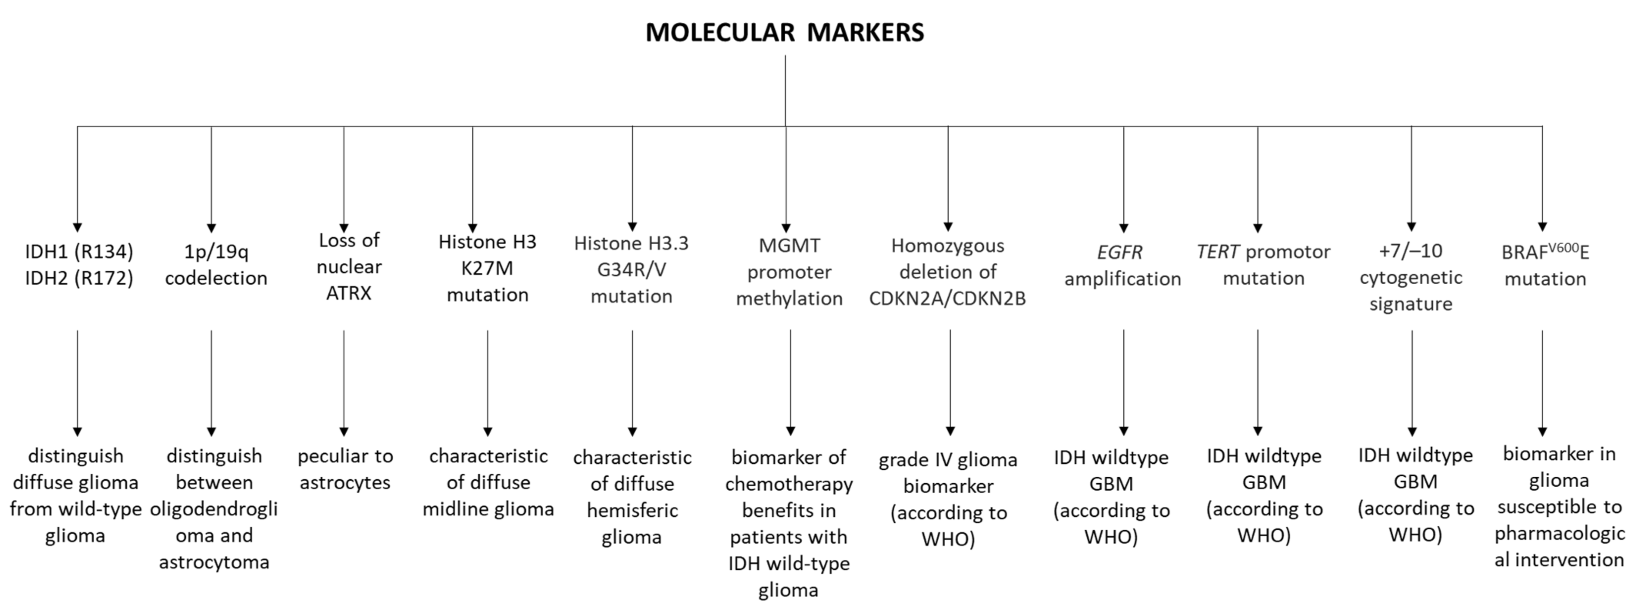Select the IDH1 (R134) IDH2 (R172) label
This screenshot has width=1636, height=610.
[x=79, y=265]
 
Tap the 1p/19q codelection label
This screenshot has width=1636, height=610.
[x=216, y=265]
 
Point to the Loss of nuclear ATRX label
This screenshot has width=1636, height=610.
[x=349, y=267]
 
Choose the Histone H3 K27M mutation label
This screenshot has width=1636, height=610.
[x=487, y=268]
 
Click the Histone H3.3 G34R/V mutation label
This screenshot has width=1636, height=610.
[x=631, y=269]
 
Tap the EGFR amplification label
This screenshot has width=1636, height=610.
[x=1122, y=265]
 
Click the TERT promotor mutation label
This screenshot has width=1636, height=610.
[x=1263, y=265]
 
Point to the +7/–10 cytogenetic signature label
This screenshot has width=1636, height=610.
[x=1410, y=277]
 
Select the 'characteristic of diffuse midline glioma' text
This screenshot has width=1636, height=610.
[x=488, y=482]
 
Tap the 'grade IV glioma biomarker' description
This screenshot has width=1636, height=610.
[x=948, y=473]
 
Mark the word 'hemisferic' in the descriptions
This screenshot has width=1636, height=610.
[x=632, y=511]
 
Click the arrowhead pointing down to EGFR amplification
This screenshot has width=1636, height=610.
[x=1124, y=228]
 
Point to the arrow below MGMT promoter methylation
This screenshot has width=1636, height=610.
[x=790, y=381]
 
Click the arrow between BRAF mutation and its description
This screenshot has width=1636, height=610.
[x=1542, y=381]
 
